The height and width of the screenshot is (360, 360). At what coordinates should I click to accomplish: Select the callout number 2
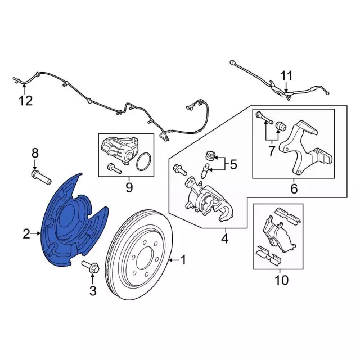26,233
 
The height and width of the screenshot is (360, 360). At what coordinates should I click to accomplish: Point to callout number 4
224,239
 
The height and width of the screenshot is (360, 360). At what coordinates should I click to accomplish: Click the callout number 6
294,188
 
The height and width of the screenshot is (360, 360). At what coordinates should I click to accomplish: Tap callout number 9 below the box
129,187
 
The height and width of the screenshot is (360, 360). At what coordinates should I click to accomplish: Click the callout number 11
287,75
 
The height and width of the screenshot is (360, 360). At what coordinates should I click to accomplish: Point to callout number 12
25,101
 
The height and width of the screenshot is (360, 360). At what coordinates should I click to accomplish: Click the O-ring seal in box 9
143,161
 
